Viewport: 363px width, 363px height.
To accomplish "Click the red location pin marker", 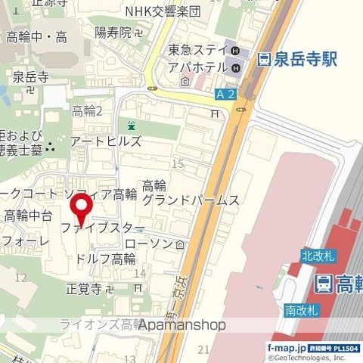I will tap(82, 206).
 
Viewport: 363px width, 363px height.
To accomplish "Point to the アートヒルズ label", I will tap(105, 141).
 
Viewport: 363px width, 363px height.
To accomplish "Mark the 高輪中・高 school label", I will tap(36, 37).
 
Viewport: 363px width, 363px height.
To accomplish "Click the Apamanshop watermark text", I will tap(181, 325).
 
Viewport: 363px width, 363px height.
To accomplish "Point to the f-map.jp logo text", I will tap(283, 347).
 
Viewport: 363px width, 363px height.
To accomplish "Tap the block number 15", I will tap(178, 163).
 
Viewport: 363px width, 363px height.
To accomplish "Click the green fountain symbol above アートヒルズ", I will tap(132, 126).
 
